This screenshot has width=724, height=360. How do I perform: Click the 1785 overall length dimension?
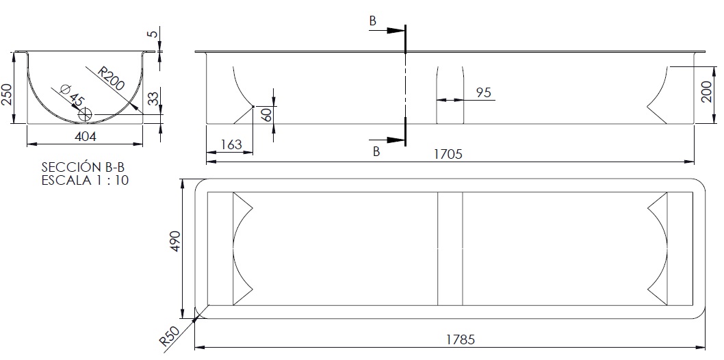point(461,339)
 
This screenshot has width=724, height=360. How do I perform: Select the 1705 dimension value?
point(448,154)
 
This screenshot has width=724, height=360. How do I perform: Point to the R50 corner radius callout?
point(169,337)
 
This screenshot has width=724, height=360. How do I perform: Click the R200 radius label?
point(111,78)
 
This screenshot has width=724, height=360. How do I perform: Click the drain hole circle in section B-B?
point(85,114)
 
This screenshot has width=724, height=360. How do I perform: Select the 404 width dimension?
point(85,137)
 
